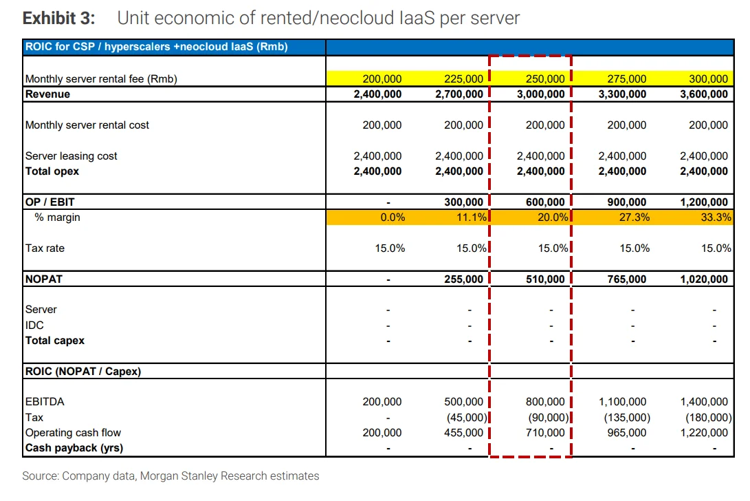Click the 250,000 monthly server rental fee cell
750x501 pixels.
(545, 78)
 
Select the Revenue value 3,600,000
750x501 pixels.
(704, 94)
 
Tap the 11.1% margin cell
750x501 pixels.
(471, 217)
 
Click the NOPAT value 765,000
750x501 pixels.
(626, 279)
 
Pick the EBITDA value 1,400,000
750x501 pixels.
(704, 401)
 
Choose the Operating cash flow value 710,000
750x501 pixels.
(545, 432)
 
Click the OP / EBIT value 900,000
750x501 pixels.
(626, 202)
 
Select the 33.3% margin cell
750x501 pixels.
(716, 217)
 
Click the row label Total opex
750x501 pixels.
(52, 171)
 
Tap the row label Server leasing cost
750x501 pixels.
(71, 156)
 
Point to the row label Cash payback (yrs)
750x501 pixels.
(74, 448)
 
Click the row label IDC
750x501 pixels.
(34, 326)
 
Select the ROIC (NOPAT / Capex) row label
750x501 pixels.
(83, 371)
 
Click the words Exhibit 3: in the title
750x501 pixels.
(59, 18)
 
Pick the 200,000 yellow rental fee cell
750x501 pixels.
(382, 78)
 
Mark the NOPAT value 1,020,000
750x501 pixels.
(704, 279)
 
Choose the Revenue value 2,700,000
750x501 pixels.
(459, 94)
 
